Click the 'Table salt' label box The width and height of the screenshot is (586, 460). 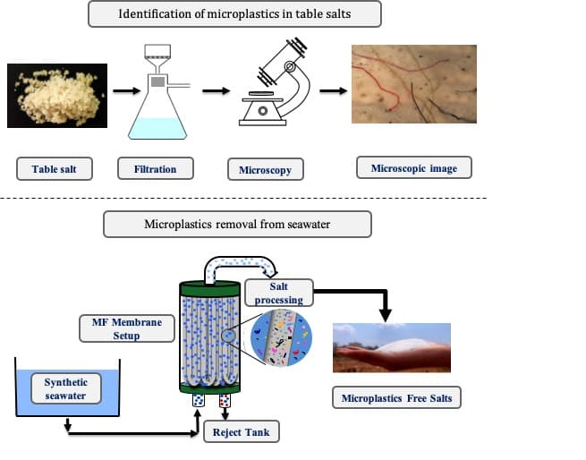55,169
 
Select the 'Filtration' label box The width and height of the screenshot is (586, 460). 155,169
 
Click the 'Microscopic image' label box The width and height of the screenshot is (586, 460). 413,167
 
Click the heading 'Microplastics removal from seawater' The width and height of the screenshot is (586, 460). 237,224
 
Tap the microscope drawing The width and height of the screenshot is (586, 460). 277,85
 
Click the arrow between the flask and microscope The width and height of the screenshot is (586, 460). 213,89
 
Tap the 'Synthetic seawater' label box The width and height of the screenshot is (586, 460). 66,389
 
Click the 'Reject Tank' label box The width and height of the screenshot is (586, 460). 241,432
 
